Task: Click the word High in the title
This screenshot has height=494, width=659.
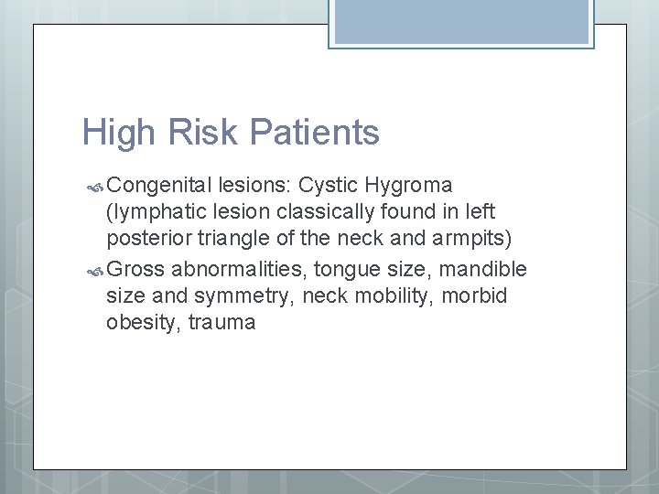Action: (x=115, y=134)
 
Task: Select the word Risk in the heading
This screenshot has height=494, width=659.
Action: (x=194, y=134)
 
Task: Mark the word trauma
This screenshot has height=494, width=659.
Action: (x=221, y=323)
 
